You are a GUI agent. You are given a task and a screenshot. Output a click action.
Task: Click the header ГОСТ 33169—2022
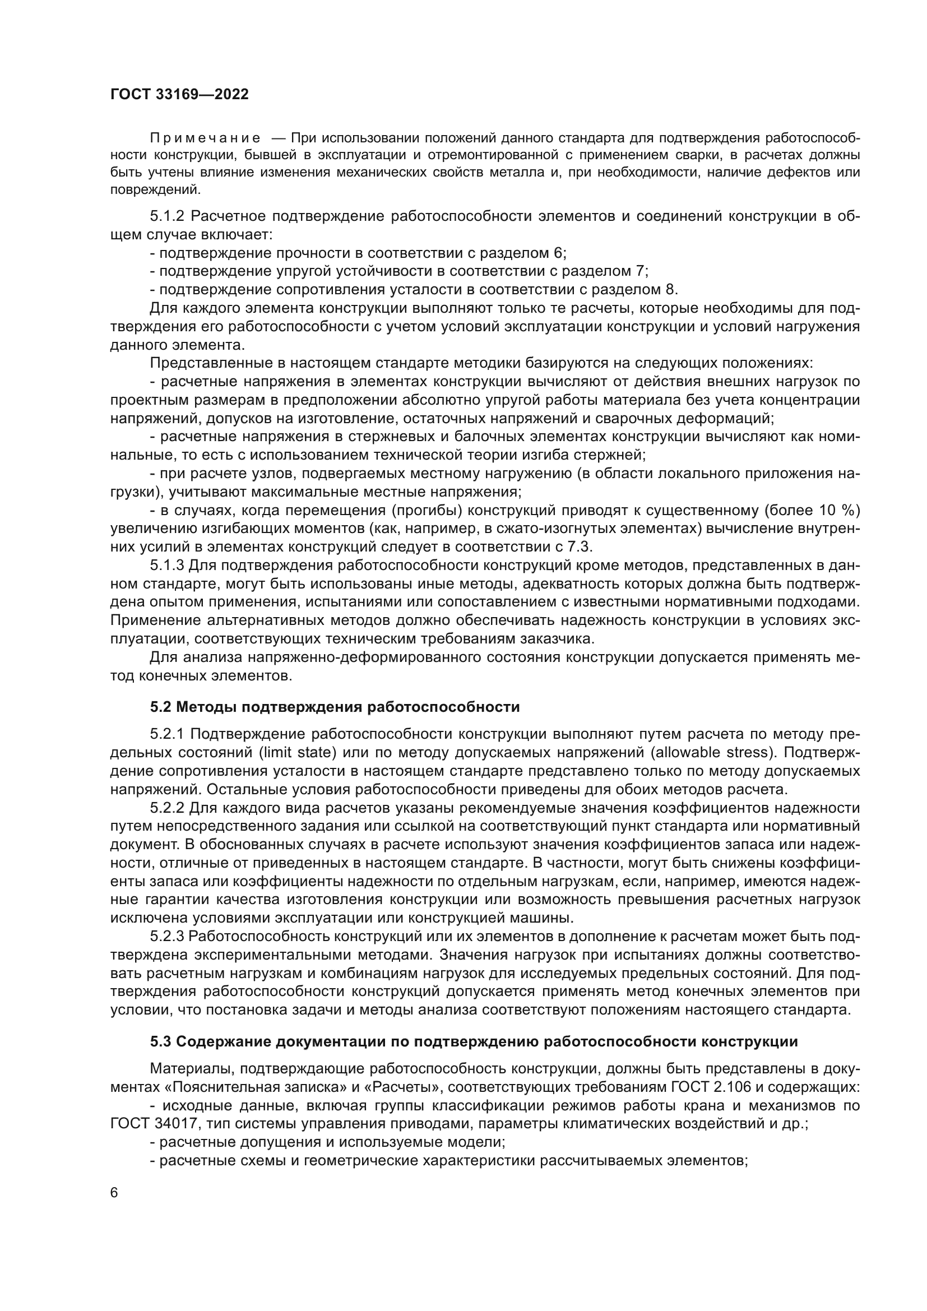coord(179,95)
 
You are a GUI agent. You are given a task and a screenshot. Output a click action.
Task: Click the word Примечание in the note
coord(205,138)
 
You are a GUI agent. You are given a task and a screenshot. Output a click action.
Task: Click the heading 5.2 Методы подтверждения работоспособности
coord(335,707)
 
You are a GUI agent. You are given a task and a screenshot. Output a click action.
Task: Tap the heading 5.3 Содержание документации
coord(474,1041)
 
